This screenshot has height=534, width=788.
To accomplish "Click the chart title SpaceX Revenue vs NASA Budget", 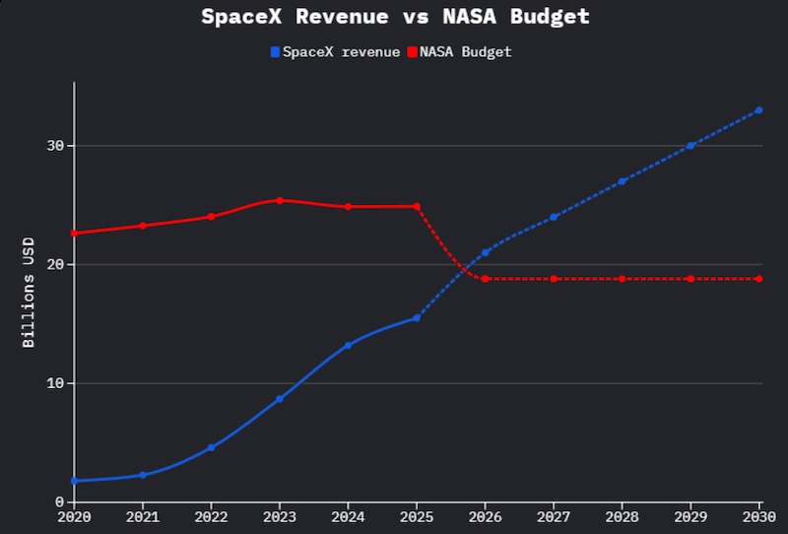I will (395, 17).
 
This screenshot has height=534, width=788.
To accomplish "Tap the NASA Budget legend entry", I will (459, 51).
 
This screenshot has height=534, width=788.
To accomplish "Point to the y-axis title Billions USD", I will (29, 292).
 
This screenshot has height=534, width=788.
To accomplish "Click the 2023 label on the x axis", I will (279, 516).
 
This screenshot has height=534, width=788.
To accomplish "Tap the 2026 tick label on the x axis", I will (485, 516).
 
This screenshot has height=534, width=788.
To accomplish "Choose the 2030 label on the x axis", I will (758, 516).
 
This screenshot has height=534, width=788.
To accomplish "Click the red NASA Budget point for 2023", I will (280, 200).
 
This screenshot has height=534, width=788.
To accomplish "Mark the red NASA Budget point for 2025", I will (417, 206).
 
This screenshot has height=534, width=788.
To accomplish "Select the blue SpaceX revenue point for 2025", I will (417, 317).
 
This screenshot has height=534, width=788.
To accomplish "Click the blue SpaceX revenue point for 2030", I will (758, 110).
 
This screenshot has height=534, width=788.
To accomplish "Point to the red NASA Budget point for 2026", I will (485, 279).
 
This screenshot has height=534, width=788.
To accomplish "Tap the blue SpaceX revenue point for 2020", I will (74, 481).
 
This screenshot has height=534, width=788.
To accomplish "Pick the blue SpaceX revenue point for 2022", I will (211, 447).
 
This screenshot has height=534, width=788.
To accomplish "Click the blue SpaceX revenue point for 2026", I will (485, 252).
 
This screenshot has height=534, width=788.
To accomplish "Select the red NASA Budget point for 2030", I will (758, 279).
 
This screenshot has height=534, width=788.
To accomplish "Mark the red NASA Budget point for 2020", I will (74, 234).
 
